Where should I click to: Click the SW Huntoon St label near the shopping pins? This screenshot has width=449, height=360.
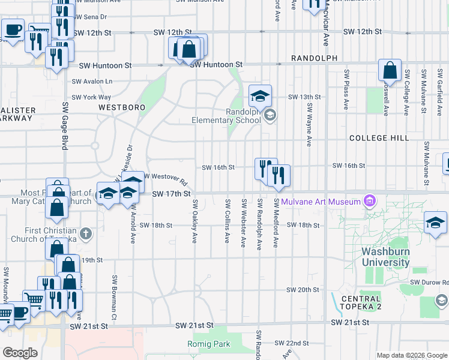click(x=215, y=64)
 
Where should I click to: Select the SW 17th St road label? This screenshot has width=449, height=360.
click(x=171, y=194)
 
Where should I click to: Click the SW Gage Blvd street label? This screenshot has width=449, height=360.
click(x=65, y=125)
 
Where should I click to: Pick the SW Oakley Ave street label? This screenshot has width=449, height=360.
click(x=194, y=222)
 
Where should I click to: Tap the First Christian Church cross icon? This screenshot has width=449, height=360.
click(x=86, y=232)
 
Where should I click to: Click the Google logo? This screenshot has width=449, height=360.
click(x=20, y=353)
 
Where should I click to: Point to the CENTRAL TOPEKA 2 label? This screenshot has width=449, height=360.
click(x=361, y=303)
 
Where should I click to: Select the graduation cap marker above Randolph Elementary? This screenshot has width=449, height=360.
click(x=261, y=95)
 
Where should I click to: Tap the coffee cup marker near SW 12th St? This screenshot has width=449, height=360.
click(x=12, y=29)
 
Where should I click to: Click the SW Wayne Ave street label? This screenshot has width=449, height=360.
click(x=309, y=124)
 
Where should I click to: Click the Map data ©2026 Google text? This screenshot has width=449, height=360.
click(x=411, y=355)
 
